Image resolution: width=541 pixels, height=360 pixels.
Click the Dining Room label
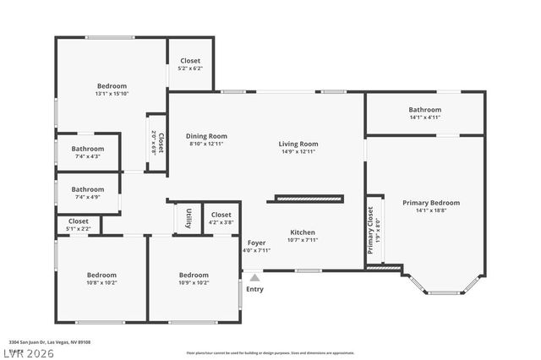207,136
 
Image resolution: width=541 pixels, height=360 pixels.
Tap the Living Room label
298,144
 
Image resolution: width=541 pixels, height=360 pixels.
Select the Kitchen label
303,232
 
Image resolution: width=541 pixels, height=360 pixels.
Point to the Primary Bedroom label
431,203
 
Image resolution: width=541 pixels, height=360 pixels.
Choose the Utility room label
189,218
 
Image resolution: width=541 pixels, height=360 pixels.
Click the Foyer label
256,243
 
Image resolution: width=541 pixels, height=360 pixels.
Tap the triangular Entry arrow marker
254,276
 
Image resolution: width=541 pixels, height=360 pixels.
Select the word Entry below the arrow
254,289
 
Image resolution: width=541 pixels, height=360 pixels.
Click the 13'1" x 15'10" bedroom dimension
112,94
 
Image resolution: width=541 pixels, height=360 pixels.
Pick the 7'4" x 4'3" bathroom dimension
87,156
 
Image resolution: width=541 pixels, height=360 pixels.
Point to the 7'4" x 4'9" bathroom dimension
87,197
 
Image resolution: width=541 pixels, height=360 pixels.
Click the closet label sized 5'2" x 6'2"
190,68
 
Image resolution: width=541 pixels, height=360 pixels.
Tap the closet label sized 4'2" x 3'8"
221,222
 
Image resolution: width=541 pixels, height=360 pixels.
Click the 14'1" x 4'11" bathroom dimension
425,117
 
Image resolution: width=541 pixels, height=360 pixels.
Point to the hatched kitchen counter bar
309,199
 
